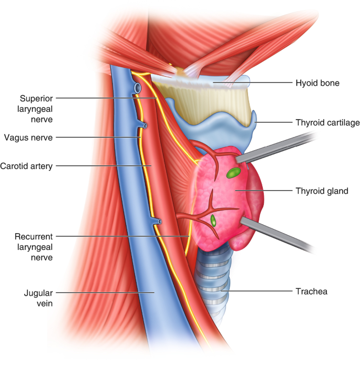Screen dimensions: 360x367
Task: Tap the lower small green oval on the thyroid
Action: click(x=213, y=220)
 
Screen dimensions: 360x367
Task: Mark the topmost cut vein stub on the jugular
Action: click(x=137, y=88)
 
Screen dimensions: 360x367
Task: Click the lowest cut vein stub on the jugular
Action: click(x=158, y=223)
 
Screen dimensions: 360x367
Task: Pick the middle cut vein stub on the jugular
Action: click(x=144, y=126)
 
